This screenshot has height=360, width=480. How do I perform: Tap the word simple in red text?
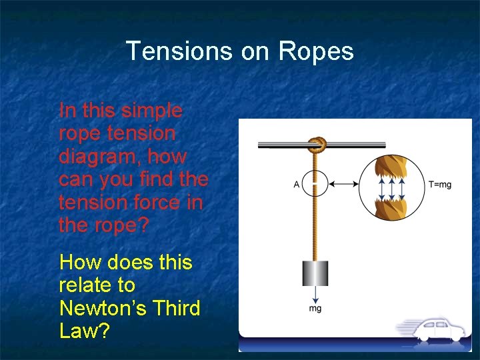pos(152,111)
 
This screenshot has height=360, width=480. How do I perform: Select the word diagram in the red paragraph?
pos(97,157)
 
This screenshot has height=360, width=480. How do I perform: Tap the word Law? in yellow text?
pos(83,331)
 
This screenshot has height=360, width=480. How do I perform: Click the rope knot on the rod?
pos(315,145)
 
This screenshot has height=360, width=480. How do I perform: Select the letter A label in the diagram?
pos(297,185)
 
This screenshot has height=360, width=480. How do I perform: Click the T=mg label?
pos(440,185)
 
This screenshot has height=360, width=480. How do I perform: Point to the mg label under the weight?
pos(315,309)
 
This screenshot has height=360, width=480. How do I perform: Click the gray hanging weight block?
pos(315,273)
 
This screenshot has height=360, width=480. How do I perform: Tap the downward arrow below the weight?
pos(315,295)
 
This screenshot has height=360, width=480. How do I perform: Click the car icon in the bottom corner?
pos(437,331)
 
